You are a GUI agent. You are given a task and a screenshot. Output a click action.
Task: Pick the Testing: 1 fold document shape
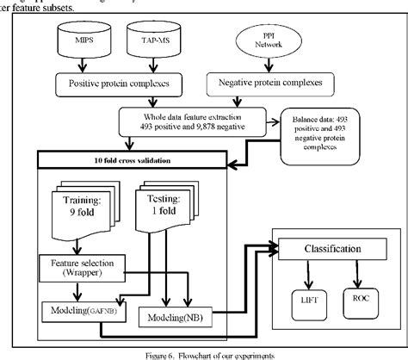tap(163, 208)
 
